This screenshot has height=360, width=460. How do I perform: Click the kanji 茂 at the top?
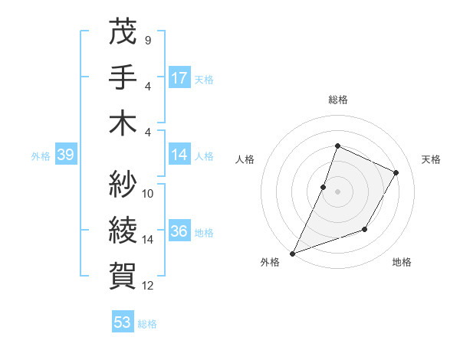click(x=123, y=33)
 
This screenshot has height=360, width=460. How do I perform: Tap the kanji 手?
click(x=123, y=77)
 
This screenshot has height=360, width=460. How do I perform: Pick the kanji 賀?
click(x=123, y=272)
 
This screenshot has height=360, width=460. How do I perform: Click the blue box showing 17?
click(x=179, y=78)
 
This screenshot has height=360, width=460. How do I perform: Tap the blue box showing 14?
click(x=179, y=155)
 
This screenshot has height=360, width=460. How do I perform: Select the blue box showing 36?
click(x=179, y=232)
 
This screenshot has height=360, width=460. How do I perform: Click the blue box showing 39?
click(x=65, y=155)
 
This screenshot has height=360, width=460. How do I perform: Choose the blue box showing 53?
click(x=123, y=322)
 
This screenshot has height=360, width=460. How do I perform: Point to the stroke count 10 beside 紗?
click(x=148, y=193)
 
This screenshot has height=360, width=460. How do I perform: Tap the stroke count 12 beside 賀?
click(x=148, y=286)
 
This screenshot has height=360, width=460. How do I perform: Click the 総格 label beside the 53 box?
click(x=147, y=324)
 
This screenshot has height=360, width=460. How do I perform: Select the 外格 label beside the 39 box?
click(x=41, y=156)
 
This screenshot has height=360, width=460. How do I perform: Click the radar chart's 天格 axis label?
click(x=432, y=159)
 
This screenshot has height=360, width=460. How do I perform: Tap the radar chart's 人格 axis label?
click(x=245, y=159)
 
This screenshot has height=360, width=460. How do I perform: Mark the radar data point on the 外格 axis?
click(x=292, y=253)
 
